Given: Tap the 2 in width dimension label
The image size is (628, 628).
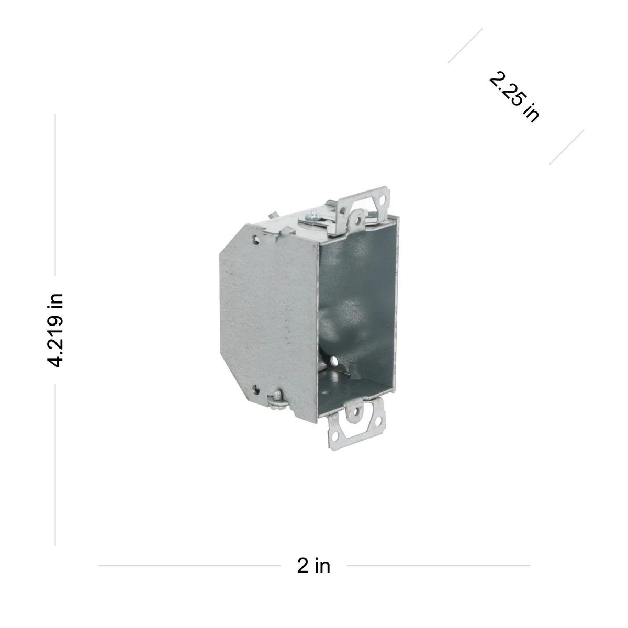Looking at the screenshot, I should pyautogui.click(x=313, y=566).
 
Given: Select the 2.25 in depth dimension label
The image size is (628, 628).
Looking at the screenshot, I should pyautogui.click(x=514, y=97).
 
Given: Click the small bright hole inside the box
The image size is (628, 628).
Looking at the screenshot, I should pyautogui.click(x=333, y=361).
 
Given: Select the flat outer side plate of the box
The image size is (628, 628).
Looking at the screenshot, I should pyautogui.click(x=262, y=314).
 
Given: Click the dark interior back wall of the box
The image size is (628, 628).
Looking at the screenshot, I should pyautogui.click(x=351, y=298).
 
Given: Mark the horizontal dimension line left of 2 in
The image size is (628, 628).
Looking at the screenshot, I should pyautogui.click(x=188, y=566).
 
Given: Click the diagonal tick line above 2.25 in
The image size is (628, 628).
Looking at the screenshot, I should pyautogui.click(x=465, y=46).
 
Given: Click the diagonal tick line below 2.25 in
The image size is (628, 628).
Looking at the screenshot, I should pyautogui.click(x=566, y=148).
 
